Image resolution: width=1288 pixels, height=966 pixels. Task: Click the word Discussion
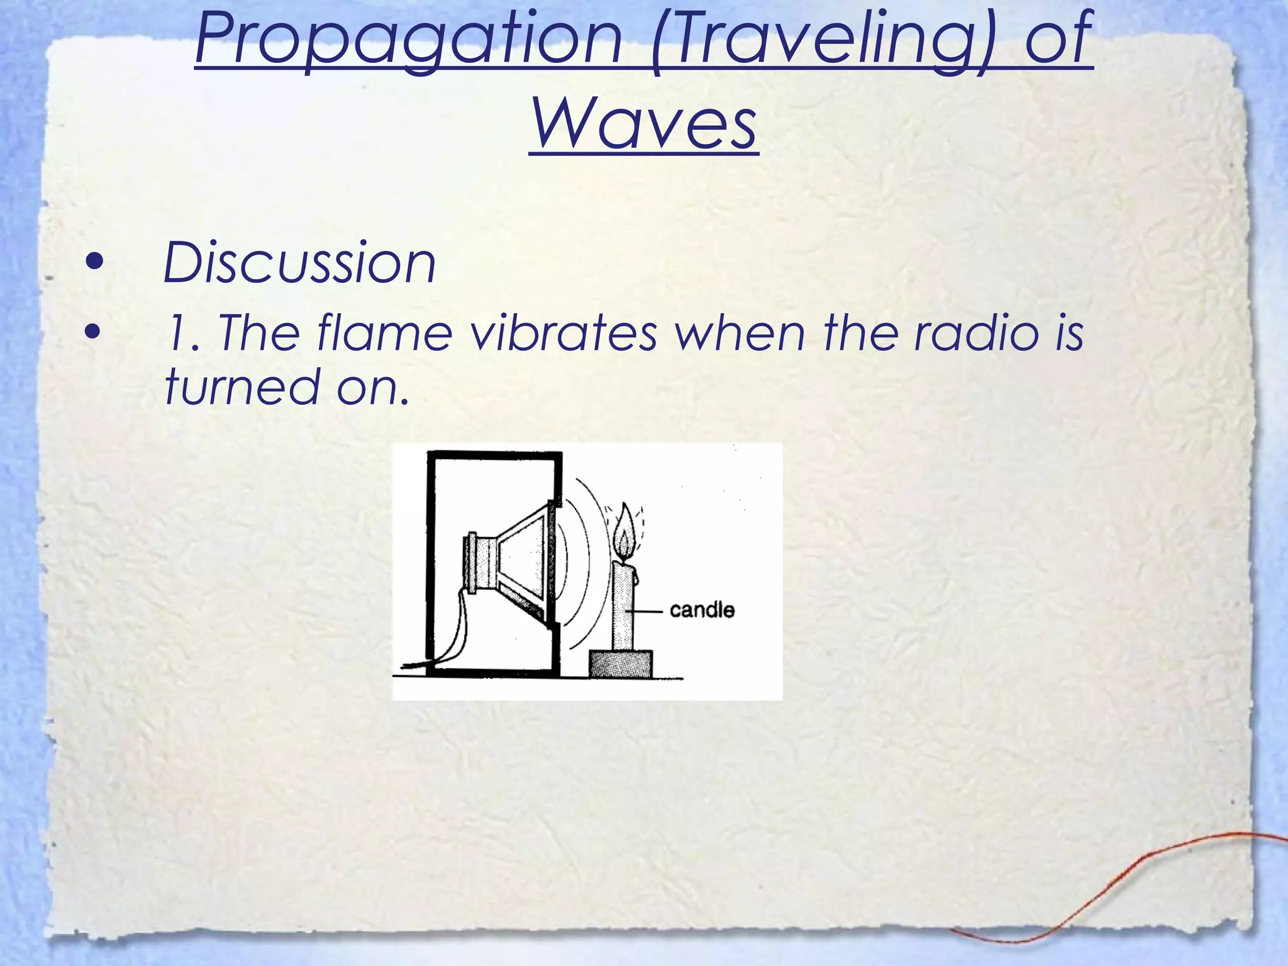pos(299,263)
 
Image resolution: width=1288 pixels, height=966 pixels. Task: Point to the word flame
pos(384,333)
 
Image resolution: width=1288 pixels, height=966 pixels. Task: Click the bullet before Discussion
pos(94,262)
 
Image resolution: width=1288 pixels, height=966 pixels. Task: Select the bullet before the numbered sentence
pos(94,332)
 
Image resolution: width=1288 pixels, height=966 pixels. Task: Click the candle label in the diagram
pos(702,610)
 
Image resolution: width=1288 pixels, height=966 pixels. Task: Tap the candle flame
pos(625,535)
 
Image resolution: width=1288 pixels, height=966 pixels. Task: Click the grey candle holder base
pos(620,663)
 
